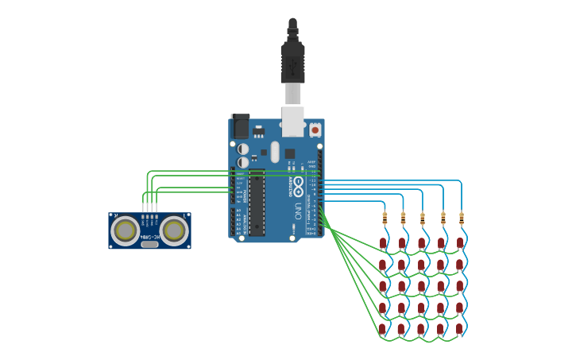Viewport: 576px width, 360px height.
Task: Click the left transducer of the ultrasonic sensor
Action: (x=125, y=230)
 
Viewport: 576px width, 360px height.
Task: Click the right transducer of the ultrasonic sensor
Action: (x=174, y=230)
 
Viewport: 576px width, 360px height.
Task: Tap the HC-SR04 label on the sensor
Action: (x=149, y=236)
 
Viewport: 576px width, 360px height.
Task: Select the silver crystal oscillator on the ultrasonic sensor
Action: (x=149, y=245)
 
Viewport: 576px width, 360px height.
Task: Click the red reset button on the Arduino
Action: (x=315, y=130)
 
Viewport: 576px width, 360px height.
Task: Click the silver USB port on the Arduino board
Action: (x=292, y=121)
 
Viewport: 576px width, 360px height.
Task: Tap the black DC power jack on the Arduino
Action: (x=240, y=126)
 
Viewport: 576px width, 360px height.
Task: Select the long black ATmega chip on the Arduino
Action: (x=257, y=202)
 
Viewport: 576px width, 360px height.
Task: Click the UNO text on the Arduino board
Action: (x=298, y=211)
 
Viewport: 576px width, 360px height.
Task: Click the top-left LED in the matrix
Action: (x=383, y=243)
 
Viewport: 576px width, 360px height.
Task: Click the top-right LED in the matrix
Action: (x=459, y=243)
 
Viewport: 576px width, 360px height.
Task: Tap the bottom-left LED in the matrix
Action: (x=382, y=328)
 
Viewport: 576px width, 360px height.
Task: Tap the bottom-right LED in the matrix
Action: (x=458, y=328)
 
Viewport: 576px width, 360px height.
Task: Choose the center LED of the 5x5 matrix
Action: (x=421, y=286)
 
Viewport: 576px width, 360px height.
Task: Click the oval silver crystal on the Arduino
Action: (x=275, y=151)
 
